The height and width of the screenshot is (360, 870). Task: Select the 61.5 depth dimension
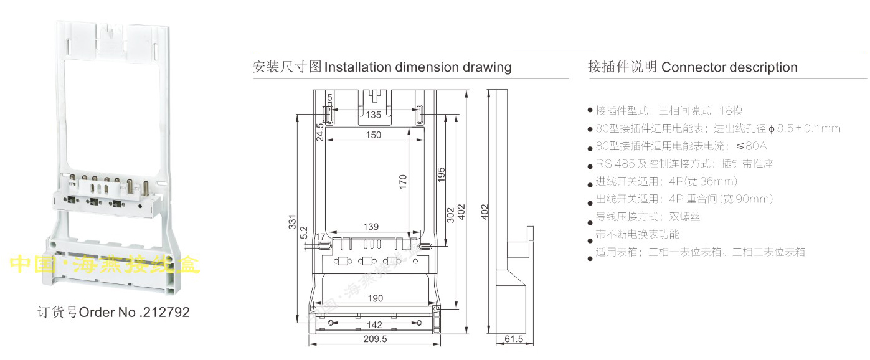(514, 339)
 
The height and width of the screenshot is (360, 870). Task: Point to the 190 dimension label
(375, 298)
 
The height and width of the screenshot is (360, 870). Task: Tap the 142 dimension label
(374, 324)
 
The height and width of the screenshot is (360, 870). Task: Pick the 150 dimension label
(374, 135)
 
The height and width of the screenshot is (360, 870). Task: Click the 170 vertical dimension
(403, 181)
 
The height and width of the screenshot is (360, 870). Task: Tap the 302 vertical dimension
(450, 215)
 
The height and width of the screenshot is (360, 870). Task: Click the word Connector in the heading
(693, 67)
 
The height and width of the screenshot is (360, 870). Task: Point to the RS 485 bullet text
(614, 164)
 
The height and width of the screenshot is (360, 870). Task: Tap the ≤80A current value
(751, 146)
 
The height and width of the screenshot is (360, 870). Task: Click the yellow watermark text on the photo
(106, 265)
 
